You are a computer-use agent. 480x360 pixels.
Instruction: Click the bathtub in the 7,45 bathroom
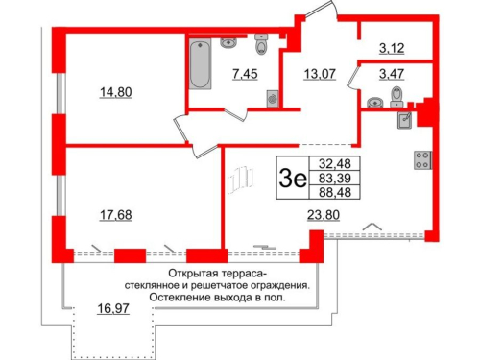click(x=200, y=67)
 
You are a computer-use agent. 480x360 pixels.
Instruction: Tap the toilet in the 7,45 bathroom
click(x=260, y=44)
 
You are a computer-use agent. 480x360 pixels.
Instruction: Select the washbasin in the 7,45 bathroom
click(x=228, y=41)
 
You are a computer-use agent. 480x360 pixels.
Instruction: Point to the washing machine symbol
click(x=273, y=96)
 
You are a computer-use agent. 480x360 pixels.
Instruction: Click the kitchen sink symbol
click(x=406, y=121)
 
